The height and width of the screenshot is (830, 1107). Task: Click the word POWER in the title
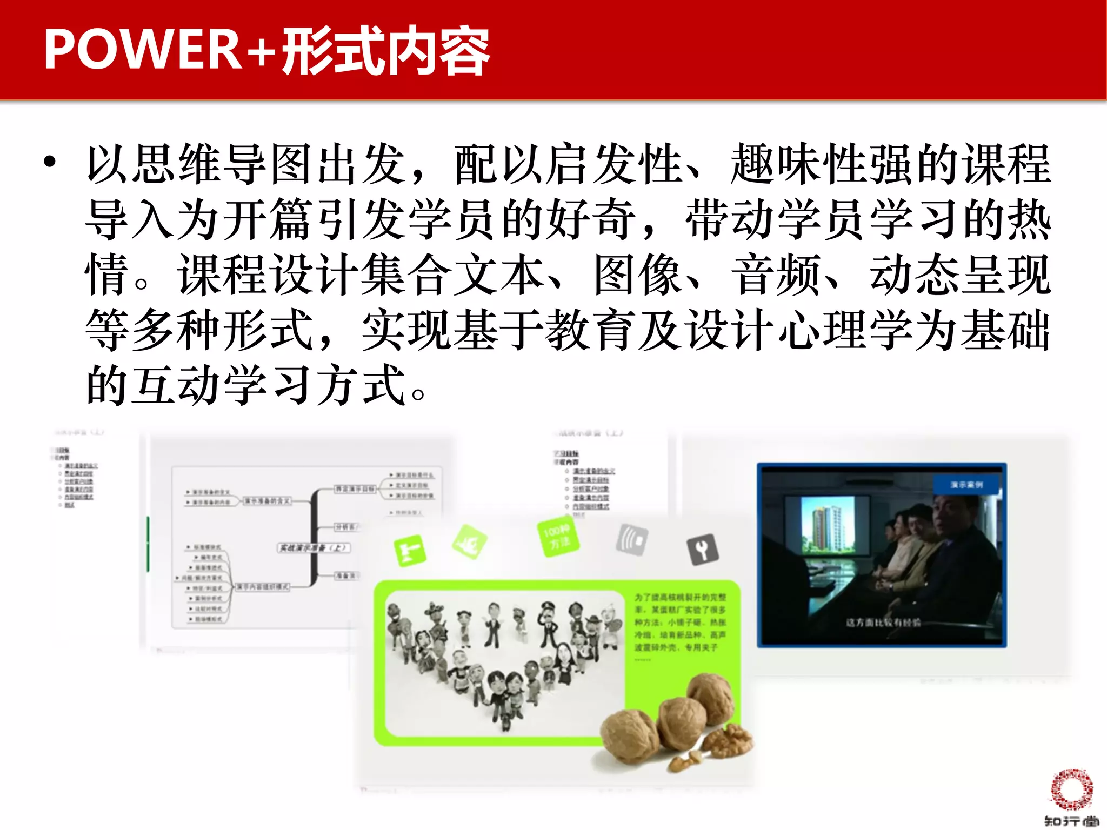(x=142, y=50)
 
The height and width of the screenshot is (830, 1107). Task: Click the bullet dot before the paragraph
(x=50, y=162)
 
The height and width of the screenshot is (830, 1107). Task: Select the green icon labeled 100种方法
(x=557, y=538)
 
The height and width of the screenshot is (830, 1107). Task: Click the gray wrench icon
(x=702, y=550)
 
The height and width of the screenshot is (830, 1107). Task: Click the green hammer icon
(x=410, y=551)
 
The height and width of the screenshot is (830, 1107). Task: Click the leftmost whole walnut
(x=630, y=736)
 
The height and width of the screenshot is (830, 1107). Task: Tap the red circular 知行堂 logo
(x=1071, y=789)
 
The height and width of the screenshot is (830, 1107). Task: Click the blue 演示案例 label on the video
(x=967, y=485)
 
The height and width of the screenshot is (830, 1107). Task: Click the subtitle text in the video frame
(x=883, y=622)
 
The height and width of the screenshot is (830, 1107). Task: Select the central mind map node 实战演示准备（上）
(x=314, y=547)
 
